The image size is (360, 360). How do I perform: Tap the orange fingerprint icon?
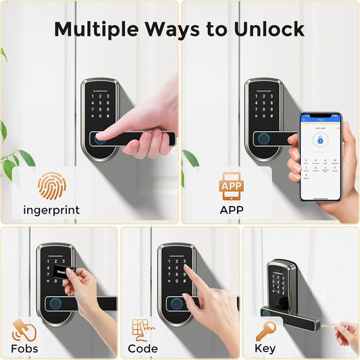[52, 186]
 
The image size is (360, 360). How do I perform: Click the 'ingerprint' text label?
[52, 210]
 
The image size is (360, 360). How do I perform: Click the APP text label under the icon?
[232, 210]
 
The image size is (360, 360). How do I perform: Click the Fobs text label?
[24, 349]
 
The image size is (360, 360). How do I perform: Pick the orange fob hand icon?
[24, 330]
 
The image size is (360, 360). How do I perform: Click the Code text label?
[143, 349]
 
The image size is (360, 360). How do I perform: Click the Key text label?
[265, 349]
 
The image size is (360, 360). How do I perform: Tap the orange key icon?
[264, 330]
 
